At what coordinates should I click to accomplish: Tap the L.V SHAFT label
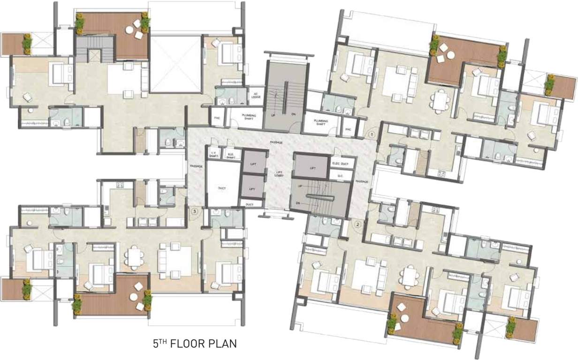point(213,153)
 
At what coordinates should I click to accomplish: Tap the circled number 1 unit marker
point(371,134)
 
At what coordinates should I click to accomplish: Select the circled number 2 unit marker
point(358,225)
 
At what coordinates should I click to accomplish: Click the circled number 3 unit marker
point(195,211)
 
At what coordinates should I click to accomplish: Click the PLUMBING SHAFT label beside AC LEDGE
point(248,116)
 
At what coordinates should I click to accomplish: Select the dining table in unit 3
point(134,257)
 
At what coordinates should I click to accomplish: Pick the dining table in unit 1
point(440,100)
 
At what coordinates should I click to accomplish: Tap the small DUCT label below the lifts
point(249,205)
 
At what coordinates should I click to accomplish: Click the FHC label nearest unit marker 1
point(348,129)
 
